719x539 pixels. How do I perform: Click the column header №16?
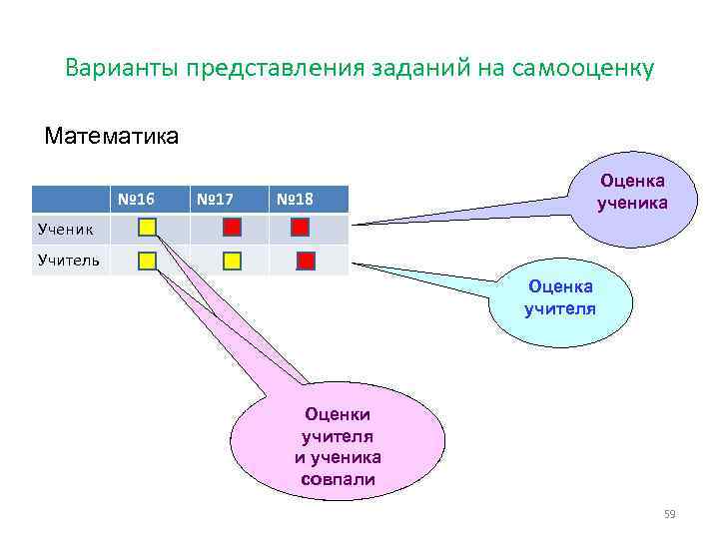pos(134,199)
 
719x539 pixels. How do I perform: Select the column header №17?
pos(215,199)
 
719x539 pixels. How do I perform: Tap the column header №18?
pos(295,199)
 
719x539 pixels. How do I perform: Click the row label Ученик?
pos(66,229)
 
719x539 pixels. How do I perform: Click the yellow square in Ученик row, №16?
pos(147,227)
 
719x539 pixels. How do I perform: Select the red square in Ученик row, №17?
pos(232,227)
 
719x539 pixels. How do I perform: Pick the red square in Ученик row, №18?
pos(300,227)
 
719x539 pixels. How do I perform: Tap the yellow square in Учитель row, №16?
pos(147,262)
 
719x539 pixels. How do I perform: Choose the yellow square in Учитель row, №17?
pos(232,262)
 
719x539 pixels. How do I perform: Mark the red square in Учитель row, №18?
pos(306,262)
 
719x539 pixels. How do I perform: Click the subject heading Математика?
pos(112,135)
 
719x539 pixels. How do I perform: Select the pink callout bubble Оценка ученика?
pos(632,191)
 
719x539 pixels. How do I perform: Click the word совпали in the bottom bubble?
pos(338,479)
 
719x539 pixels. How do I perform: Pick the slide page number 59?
pos(670,514)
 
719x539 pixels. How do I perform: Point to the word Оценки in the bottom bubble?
pos(338,414)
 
